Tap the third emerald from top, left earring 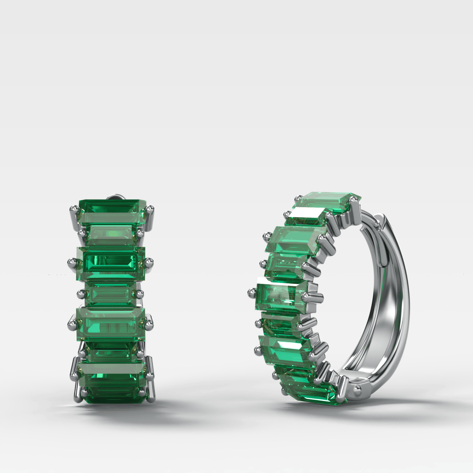pos(112,261)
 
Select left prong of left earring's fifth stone pos(71,324)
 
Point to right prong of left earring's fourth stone pos(139,293)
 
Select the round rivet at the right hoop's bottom pos(357,389)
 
